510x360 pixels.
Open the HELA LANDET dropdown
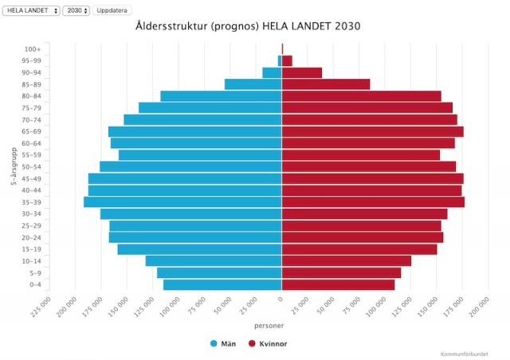[x=30, y=10]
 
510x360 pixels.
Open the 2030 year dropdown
[x=76, y=10]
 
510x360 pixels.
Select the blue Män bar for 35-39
[x=182, y=202]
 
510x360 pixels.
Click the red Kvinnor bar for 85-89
[x=326, y=84]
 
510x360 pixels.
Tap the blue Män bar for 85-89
[x=253, y=84]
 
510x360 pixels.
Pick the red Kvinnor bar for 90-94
[x=302, y=72]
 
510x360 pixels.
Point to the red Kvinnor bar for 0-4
[x=338, y=285]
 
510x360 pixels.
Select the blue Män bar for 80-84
[x=221, y=96]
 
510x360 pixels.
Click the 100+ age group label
[x=33, y=49]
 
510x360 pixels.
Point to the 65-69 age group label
[x=31, y=131]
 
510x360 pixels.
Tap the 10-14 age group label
[x=31, y=261]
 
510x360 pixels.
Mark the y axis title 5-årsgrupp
[x=14, y=166]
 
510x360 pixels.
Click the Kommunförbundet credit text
[x=464, y=354]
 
